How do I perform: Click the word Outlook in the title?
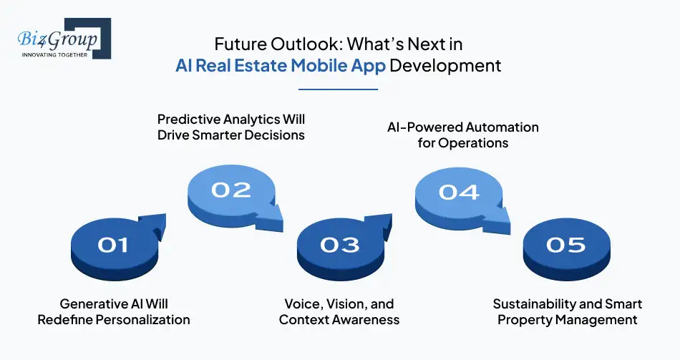300,44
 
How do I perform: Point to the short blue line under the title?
337,89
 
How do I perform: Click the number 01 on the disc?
112,245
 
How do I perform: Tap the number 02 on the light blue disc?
231,190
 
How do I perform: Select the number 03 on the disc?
339,245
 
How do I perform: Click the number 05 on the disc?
565,245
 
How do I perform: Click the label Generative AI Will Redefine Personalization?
114,312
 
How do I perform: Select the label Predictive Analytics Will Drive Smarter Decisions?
231,127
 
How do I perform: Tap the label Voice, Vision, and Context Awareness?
339,312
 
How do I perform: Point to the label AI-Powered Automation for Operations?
458,135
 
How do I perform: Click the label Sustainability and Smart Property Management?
567,312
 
